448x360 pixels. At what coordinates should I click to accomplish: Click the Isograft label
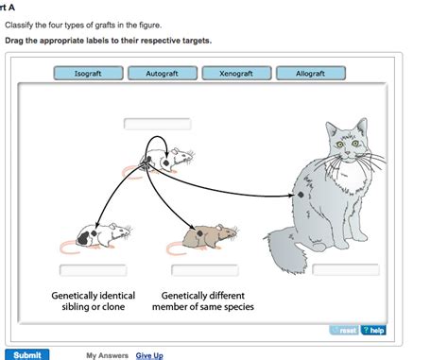88,73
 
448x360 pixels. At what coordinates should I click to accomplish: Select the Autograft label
163,73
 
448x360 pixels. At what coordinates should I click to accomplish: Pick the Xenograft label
236,73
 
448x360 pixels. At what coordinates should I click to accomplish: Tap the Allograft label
311,73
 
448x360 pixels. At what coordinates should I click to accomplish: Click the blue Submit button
27,354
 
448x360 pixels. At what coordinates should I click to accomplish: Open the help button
373,330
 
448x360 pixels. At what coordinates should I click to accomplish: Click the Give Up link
149,355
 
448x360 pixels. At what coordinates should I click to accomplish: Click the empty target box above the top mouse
158,124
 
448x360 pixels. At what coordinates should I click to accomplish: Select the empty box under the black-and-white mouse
94,270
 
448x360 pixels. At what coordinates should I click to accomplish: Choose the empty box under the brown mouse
205,270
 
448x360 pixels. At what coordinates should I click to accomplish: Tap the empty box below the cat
346,270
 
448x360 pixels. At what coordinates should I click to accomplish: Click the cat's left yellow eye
340,145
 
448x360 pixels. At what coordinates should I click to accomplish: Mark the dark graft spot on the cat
301,195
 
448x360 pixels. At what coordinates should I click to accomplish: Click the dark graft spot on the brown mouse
199,233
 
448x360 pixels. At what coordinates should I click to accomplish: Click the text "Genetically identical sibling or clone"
94,301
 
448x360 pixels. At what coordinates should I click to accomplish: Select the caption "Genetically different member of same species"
203,301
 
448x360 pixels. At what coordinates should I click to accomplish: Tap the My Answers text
107,355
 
